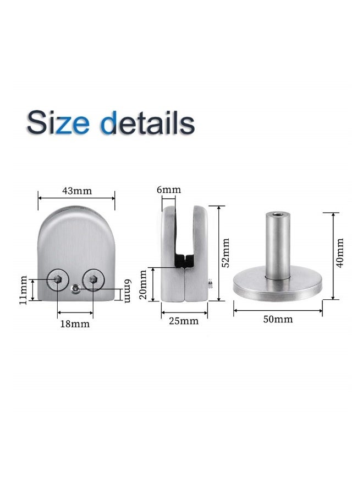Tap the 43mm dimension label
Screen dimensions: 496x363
coord(76,191)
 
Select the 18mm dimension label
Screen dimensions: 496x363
coord(75,324)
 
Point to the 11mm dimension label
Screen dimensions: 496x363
coord(23,289)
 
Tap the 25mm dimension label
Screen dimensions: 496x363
coord(183,321)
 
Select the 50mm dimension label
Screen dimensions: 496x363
coord(278,319)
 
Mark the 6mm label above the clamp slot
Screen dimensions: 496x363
coord(168,190)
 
